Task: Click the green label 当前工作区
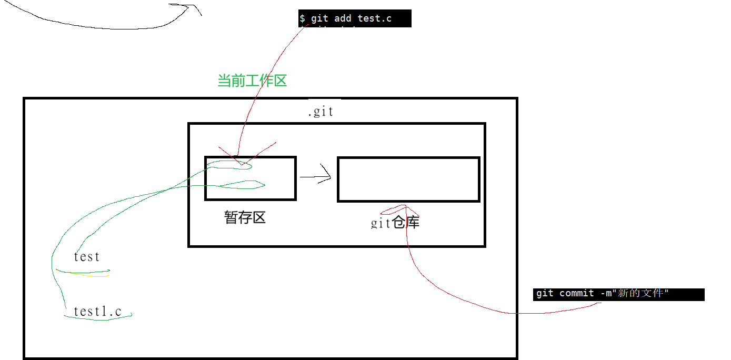pos(252,81)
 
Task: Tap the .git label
pos(321,112)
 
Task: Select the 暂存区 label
pos(245,217)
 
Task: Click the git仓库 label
pos(395,223)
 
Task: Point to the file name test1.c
pos(97,311)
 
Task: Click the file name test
pos(87,257)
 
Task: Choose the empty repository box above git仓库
pos(408,179)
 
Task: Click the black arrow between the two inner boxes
pos(316,177)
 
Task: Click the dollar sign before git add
pos(302,18)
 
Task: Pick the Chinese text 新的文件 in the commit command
pos(640,293)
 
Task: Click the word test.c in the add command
pos(375,18)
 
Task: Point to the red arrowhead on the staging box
pos(242,161)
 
